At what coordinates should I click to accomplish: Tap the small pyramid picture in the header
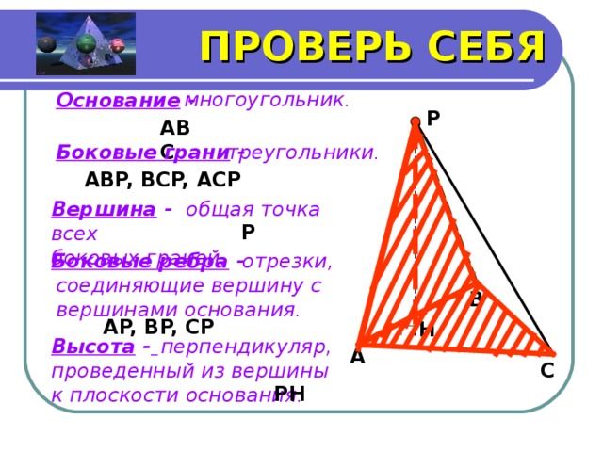coord(85,44)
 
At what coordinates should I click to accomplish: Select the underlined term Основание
coord(118,100)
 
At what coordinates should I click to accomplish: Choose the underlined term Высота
coord(92,346)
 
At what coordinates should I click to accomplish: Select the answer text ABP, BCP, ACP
coord(162,179)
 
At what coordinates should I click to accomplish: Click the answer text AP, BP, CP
coord(158,327)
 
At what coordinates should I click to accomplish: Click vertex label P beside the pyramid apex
coord(433,119)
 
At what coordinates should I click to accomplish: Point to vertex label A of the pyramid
coord(357,357)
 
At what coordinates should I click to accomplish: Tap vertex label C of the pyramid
coord(546,371)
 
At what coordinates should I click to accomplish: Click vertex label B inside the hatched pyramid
coord(476,300)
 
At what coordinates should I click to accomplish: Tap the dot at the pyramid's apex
coord(416,121)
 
